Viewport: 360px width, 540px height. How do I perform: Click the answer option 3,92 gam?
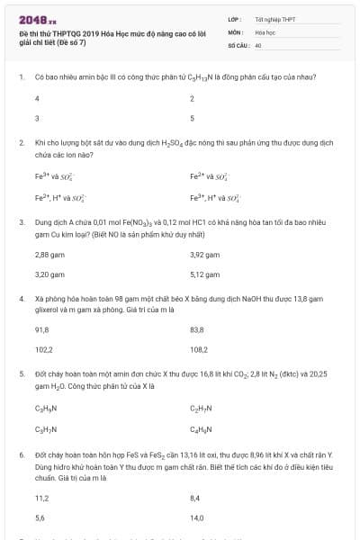(204, 255)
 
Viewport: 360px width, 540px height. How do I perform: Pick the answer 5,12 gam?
(204, 274)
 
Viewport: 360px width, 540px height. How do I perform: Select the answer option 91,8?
(41, 329)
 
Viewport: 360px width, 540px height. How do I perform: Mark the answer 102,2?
(43, 348)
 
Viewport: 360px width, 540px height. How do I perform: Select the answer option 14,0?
(197, 517)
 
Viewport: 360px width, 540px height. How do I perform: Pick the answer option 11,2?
(41, 498)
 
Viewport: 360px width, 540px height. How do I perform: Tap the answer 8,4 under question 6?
(195, 498)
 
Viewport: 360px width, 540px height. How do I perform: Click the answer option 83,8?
(197, 329)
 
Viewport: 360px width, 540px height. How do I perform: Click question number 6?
(21, 457)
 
